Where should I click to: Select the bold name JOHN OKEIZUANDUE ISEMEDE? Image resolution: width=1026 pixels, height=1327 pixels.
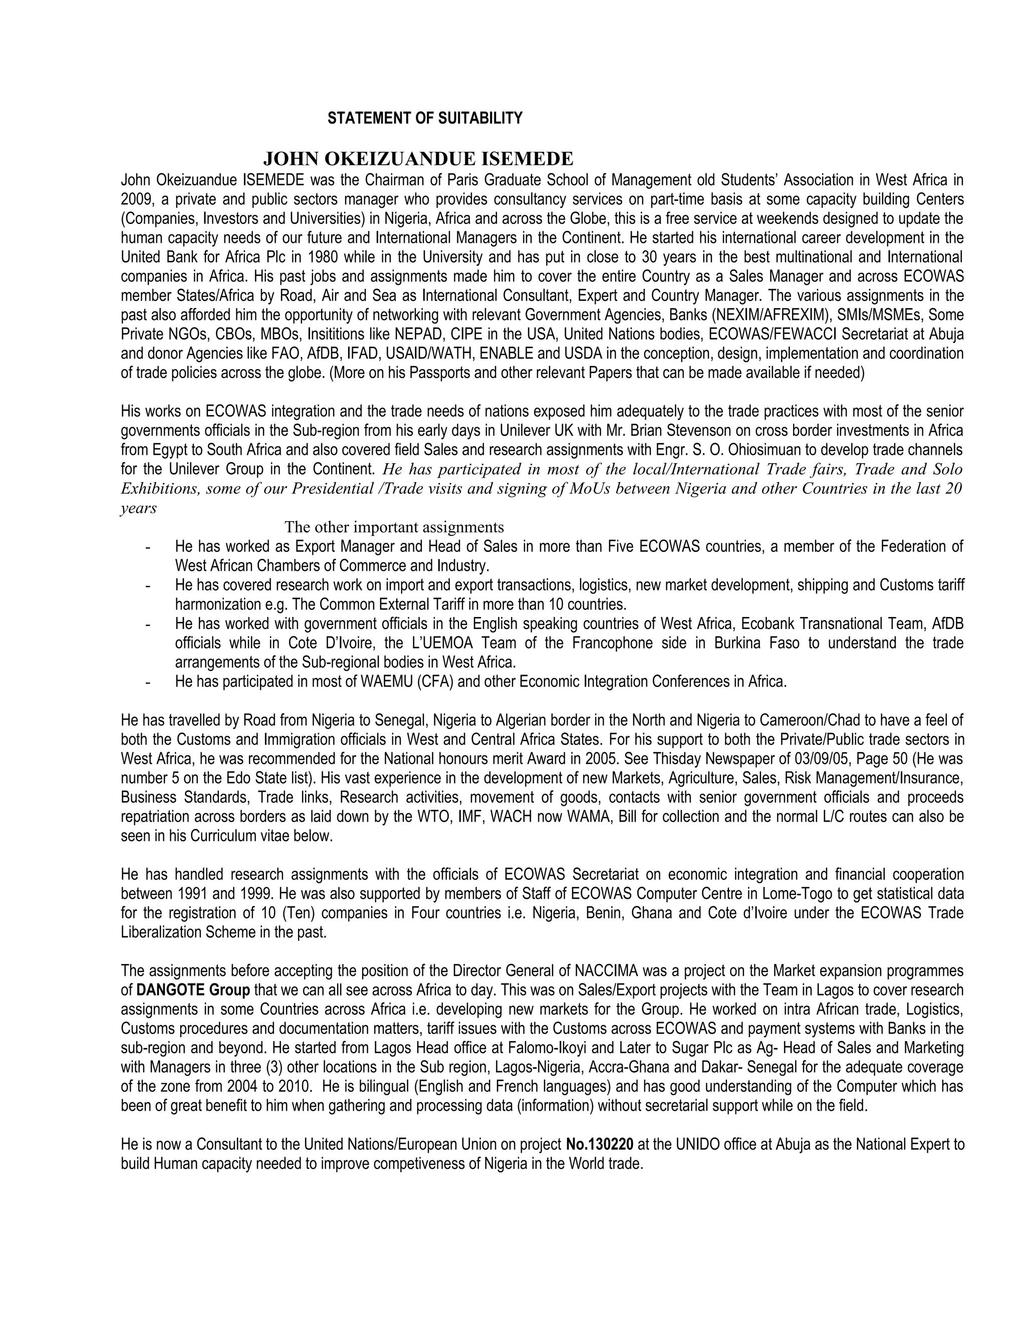(418, 159)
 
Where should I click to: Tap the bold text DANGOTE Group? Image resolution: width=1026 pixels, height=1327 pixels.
(193, 990)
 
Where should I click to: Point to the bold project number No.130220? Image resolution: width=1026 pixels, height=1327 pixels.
(600, 1145)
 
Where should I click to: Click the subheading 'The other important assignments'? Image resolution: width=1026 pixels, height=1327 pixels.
(394, 526)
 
